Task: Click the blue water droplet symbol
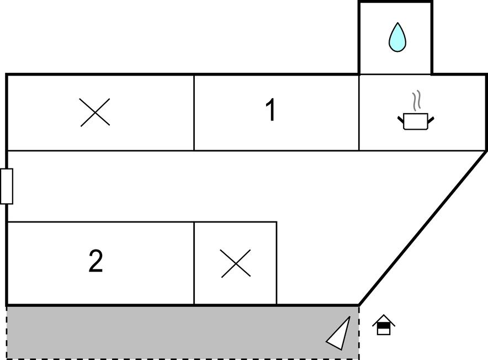[x=397, y=38]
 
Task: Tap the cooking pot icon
[x=416, y=121]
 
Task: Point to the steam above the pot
[x=417, y=100]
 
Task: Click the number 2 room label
[x=96, y=261]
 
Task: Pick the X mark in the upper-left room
[x=95, y=112]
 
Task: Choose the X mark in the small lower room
[x=236, y=263]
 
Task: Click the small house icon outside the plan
[x=384, y=325]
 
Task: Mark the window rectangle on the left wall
[x=7, y=186]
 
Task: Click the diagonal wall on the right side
[x=423, y=228]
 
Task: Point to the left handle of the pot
[x=401, y=119]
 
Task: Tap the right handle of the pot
[x=431, y=119]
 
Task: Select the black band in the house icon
[x=384, y=325]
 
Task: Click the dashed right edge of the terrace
[x=359, y=332]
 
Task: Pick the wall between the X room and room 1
[x=194, y=113]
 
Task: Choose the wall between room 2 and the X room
[x=194, y=263]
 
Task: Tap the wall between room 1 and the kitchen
[x=359, y=113]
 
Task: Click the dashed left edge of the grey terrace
[x=7, y=332]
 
